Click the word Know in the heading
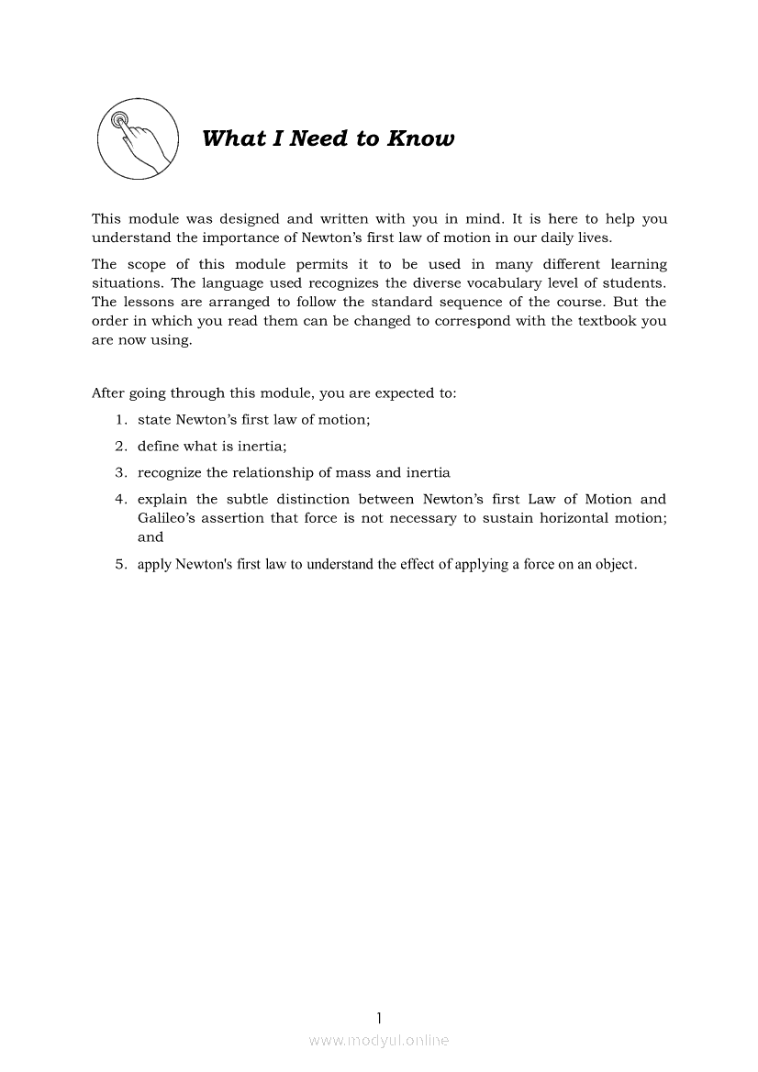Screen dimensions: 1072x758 [x=420, y=138]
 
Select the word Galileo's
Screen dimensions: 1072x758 [x=172, y=518]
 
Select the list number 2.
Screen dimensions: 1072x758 [x=119, y=447]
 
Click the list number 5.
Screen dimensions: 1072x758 [x=119, y=564]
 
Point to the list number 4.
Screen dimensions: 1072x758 [x=119, y=499]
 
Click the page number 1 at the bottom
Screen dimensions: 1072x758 [x=379, y=1017]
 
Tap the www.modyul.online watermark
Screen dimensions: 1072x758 [x=379, y=1040]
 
